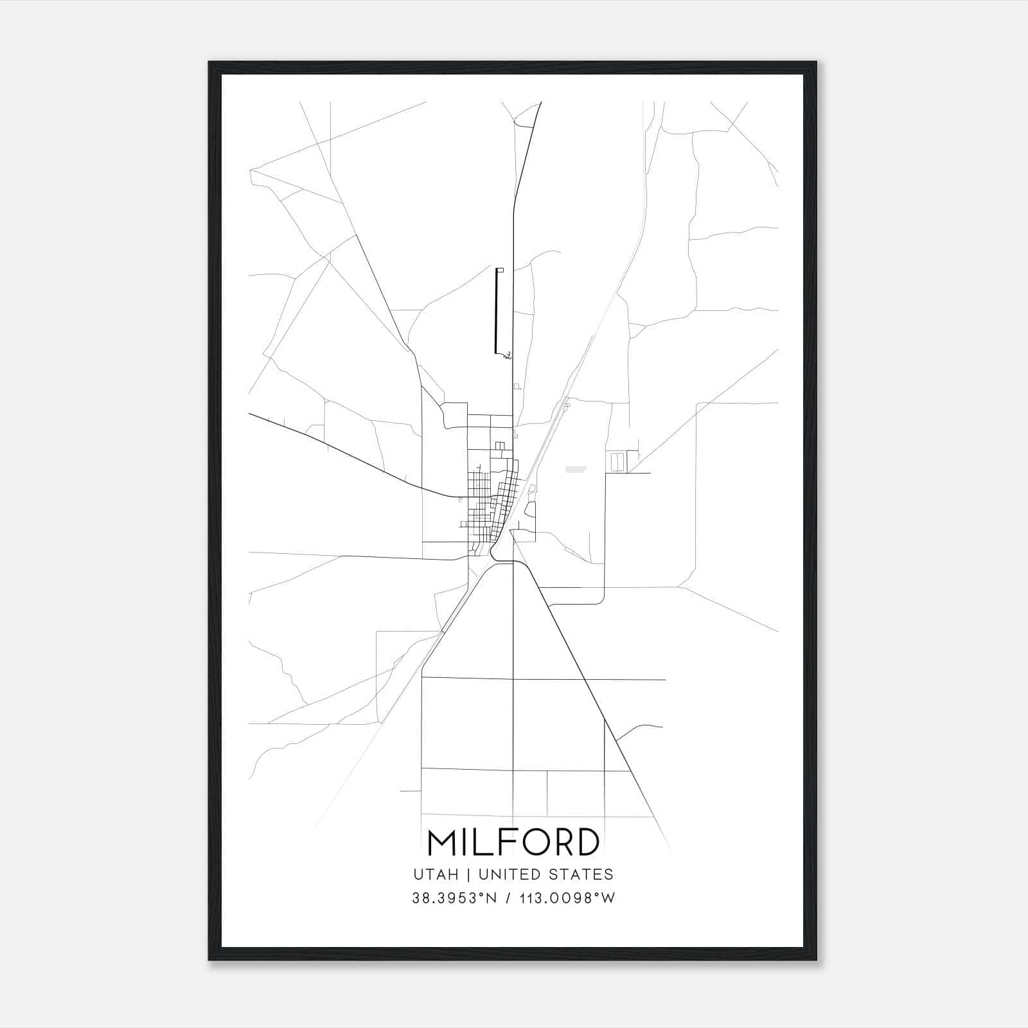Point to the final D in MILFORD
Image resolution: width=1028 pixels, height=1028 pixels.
(x=585, y=842)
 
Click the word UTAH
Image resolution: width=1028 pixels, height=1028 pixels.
(x=436, y=874)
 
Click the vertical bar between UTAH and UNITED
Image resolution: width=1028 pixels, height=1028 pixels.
(x=468, y=874)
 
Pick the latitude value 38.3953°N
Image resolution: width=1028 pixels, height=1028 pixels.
(x=455, y=898)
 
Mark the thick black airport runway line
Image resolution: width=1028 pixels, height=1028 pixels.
(x=496, y=312)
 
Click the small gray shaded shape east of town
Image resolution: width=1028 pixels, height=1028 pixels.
(x=576, y=469)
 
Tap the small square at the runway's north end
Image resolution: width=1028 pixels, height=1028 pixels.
(x=501, y=270)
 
